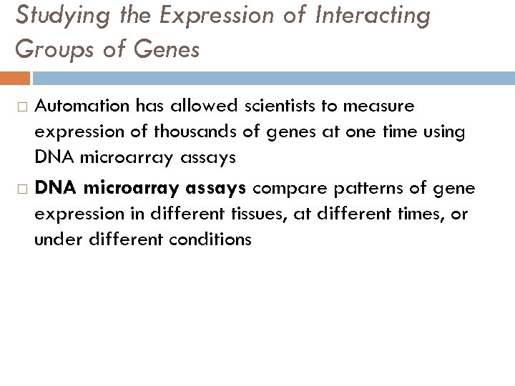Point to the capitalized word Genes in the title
tap(168, 49)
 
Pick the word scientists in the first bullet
tap(290, 107)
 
